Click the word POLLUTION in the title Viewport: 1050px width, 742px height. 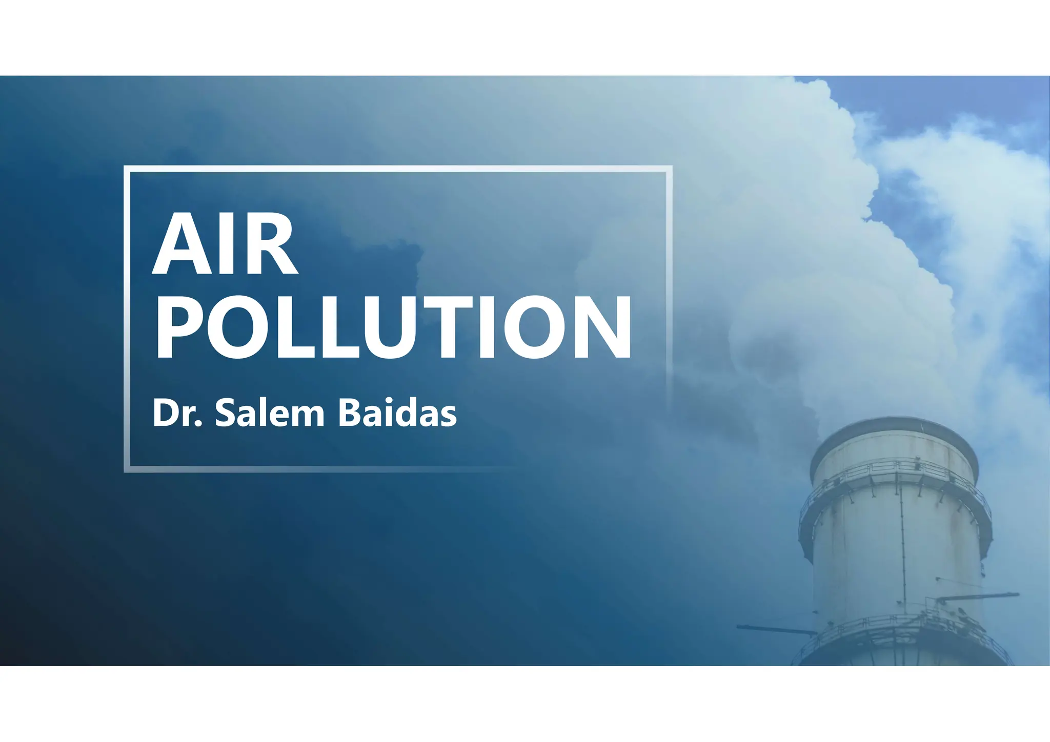393,328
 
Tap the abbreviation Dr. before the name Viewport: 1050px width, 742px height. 177,413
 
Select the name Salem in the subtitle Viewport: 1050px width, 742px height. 270,413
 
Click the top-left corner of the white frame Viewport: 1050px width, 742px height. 127,169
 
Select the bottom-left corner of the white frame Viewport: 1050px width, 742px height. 127,469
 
